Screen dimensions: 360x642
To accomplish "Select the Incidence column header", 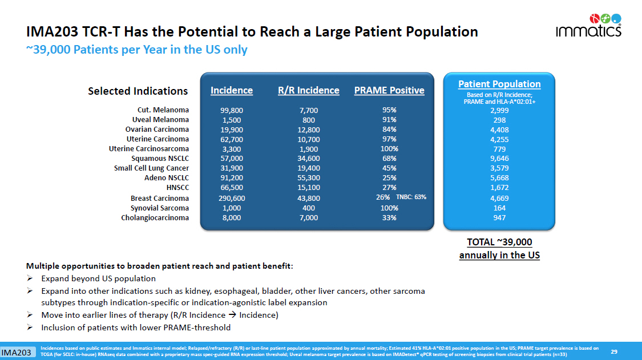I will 232,90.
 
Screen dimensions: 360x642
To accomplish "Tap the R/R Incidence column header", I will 308,90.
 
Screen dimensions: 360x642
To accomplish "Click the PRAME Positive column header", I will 389,90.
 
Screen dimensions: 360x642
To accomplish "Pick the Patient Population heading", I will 499,84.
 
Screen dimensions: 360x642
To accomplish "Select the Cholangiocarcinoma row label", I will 155,217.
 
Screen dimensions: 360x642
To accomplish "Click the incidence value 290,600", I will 232,198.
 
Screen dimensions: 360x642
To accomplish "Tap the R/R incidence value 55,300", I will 309,178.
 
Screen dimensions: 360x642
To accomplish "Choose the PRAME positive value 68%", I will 390,158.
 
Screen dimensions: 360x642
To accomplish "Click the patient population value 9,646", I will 500,159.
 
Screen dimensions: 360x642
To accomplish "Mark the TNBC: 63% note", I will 411,197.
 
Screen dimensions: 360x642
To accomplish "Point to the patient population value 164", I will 500,208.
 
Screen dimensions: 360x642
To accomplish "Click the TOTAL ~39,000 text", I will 499,242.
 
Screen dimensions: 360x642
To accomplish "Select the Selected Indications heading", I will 138,91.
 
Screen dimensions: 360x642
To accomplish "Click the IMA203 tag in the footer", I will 15,353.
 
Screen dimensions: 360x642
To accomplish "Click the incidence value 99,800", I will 232,110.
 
